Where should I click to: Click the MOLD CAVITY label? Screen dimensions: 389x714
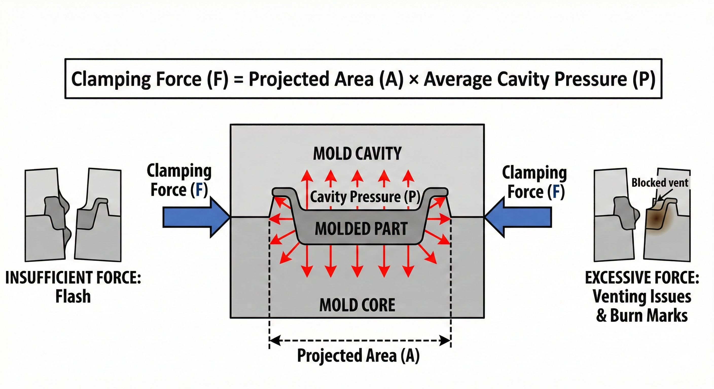[x=357, y=154]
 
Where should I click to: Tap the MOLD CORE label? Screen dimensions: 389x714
[x=357, y=305]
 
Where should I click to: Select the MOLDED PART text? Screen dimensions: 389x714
[x=361, y=229]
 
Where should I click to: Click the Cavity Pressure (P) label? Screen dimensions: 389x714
[x=365, y=197]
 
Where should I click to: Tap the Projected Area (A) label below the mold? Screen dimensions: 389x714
[x=358, y=356]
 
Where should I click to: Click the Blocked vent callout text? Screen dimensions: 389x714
[x=660, y=183]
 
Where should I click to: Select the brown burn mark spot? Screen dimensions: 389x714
[x=656, y=219]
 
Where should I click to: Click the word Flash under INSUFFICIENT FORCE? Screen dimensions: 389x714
[x=73, y=297]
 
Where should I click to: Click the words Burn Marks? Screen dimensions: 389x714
[x=649, y=315]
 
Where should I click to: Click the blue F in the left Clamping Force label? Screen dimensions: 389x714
[x=199, y=190]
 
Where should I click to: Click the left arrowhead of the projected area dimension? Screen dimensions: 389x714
[x=274, y=341]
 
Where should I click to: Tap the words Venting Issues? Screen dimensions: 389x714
[x=642, y=297]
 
